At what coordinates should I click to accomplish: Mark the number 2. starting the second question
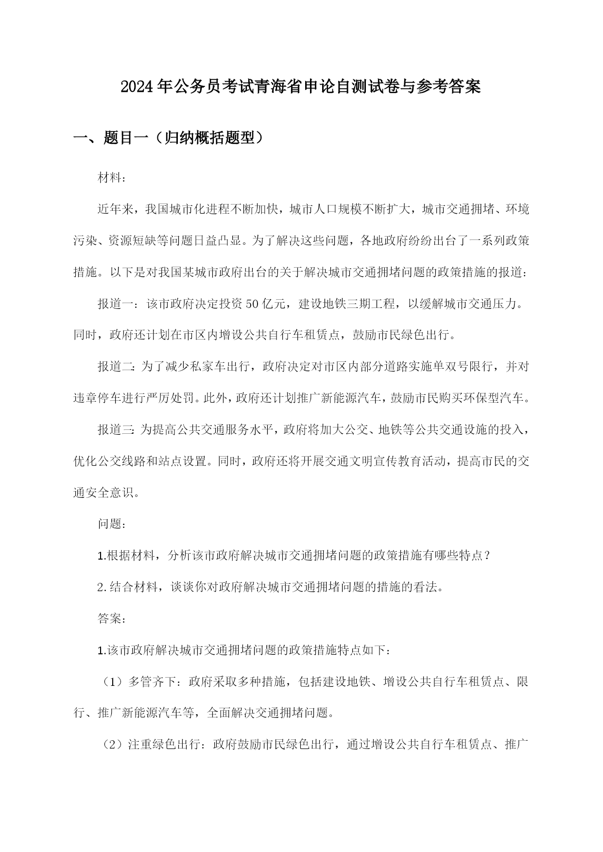coord(102,587)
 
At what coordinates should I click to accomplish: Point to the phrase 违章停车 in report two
coord(97,398)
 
